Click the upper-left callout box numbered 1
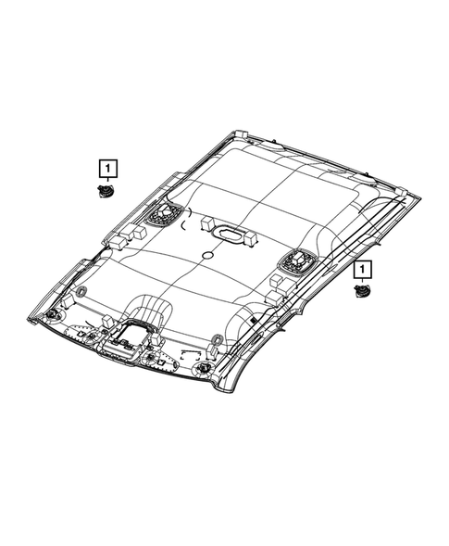tap(109, 168)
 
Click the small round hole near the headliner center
tap(207, 254)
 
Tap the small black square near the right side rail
tap(252, 319)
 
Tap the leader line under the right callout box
tap(360, 282)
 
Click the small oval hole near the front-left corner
tap(81, 293)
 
